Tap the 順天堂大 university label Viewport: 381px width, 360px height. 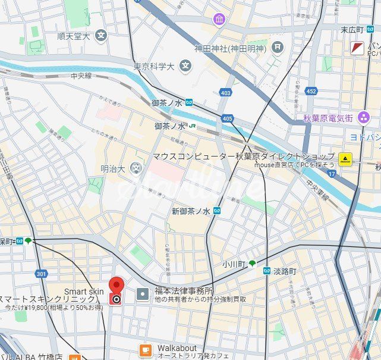(x=73, y=36)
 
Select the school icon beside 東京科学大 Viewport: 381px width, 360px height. (x=186, y=65)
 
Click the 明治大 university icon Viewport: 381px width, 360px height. (x=137, y=169)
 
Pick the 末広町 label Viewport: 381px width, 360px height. (x=351, y=30)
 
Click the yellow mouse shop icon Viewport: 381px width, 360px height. (x=345, y=159)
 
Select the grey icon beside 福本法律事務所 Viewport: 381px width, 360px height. (x=143, y=293)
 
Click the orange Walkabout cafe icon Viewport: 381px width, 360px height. (x=146, y=350)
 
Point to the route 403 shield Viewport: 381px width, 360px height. (x=225, y=92)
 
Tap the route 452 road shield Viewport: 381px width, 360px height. (x=311, y=91)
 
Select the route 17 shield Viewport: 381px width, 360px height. (x=331, y=173)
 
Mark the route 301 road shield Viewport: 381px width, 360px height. (x=40, y=274)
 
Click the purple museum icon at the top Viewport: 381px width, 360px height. (x=220, y=19)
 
